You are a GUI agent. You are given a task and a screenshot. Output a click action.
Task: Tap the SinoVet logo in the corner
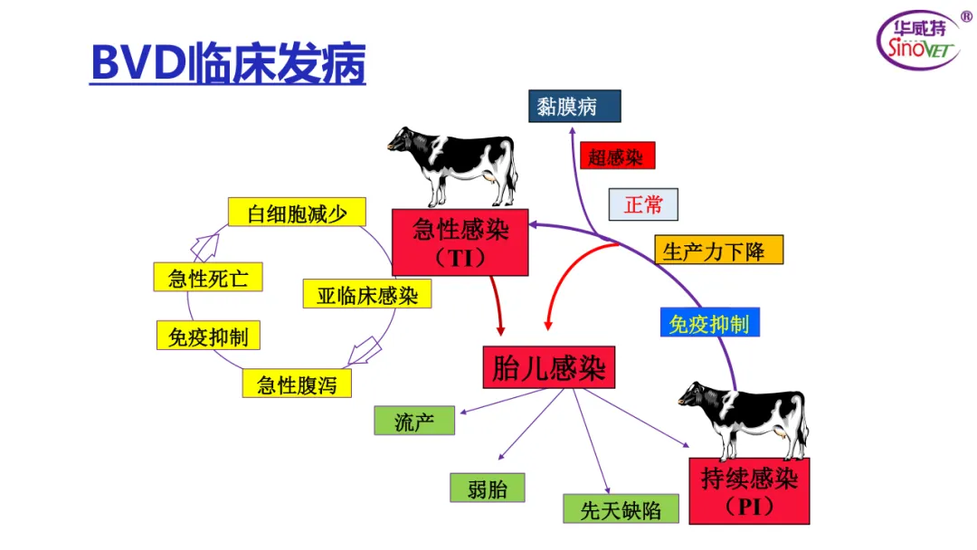(920, 40)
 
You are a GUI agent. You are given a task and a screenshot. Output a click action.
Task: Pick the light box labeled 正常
(643, 204)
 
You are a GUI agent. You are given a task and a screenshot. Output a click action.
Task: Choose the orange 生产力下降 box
(718, 251)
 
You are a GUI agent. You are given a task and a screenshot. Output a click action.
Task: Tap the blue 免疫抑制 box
(709, 323)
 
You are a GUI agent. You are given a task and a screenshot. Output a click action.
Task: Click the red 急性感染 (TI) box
(460, 242)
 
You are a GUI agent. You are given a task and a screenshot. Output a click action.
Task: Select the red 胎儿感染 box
(548, 368)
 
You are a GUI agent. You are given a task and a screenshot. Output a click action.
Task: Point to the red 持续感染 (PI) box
(749, 490)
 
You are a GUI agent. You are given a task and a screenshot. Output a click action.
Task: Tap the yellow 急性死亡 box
(208, 277)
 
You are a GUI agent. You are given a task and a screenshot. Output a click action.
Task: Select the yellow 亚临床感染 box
(366, 294)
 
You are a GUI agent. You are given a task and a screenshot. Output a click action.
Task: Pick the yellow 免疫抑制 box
(208, 337)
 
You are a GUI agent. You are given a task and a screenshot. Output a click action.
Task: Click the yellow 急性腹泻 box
(297, 384)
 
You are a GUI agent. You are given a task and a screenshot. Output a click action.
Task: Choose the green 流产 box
(414, 421)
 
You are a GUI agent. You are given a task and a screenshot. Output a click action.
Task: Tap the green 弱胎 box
(488, 488)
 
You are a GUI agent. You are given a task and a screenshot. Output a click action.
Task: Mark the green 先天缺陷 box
(620, 509)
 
